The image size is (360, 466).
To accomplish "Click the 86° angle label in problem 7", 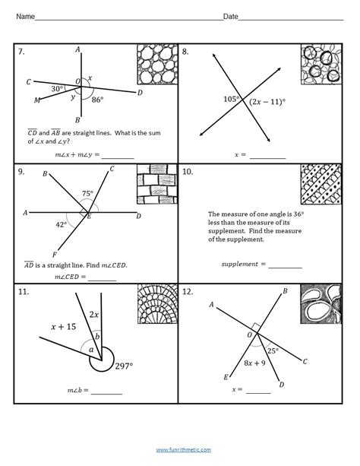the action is tap(97, 100).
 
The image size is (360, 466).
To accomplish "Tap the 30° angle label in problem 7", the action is tap(57, 89).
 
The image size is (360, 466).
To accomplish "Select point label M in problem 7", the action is tap(36, 100).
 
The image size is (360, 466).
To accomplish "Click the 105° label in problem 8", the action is tap(232, 99).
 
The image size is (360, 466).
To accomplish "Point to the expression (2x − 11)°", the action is tap(267, 102).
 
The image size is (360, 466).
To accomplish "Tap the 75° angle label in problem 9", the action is tap(87, 194).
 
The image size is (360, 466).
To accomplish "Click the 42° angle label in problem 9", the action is tap(62, 225).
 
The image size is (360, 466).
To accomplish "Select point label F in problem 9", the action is tap(55, 255).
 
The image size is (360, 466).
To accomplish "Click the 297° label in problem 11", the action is tap(124, 366).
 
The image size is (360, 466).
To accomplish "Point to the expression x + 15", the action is tap(63, 327).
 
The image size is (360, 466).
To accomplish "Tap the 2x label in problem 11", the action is tap(94, 315).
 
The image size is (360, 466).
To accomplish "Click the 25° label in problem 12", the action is tap(273, 351).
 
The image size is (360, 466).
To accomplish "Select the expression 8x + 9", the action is tap(254, 363).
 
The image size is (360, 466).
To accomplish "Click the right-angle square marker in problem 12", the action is tap(257, 328).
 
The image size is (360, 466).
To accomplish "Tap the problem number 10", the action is tap(188, 172).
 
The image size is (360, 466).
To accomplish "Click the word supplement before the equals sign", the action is tap(240, 264).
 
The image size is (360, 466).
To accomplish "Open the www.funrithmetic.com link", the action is tap(183, 449).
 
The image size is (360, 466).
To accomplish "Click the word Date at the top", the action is tap(230, 17).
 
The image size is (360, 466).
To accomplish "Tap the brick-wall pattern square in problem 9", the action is tap(157, 184).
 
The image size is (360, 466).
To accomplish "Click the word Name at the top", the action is tap(25, 17).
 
